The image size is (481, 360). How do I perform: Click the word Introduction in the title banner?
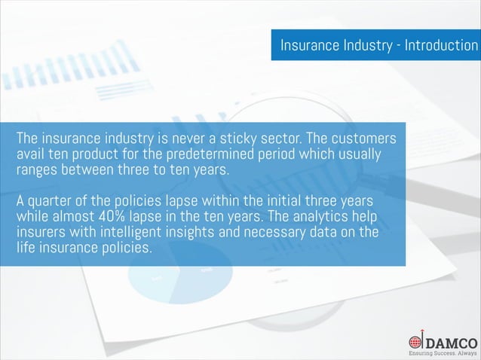pyautogui.click(x=440, y=45)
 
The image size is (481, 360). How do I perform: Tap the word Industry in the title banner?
pyautogui.click(x=367, y=45)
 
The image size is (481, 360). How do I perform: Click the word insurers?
pyautogui.click(x=42, y=233)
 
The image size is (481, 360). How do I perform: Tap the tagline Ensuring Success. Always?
pyautogui.click(x=443, y=352)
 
